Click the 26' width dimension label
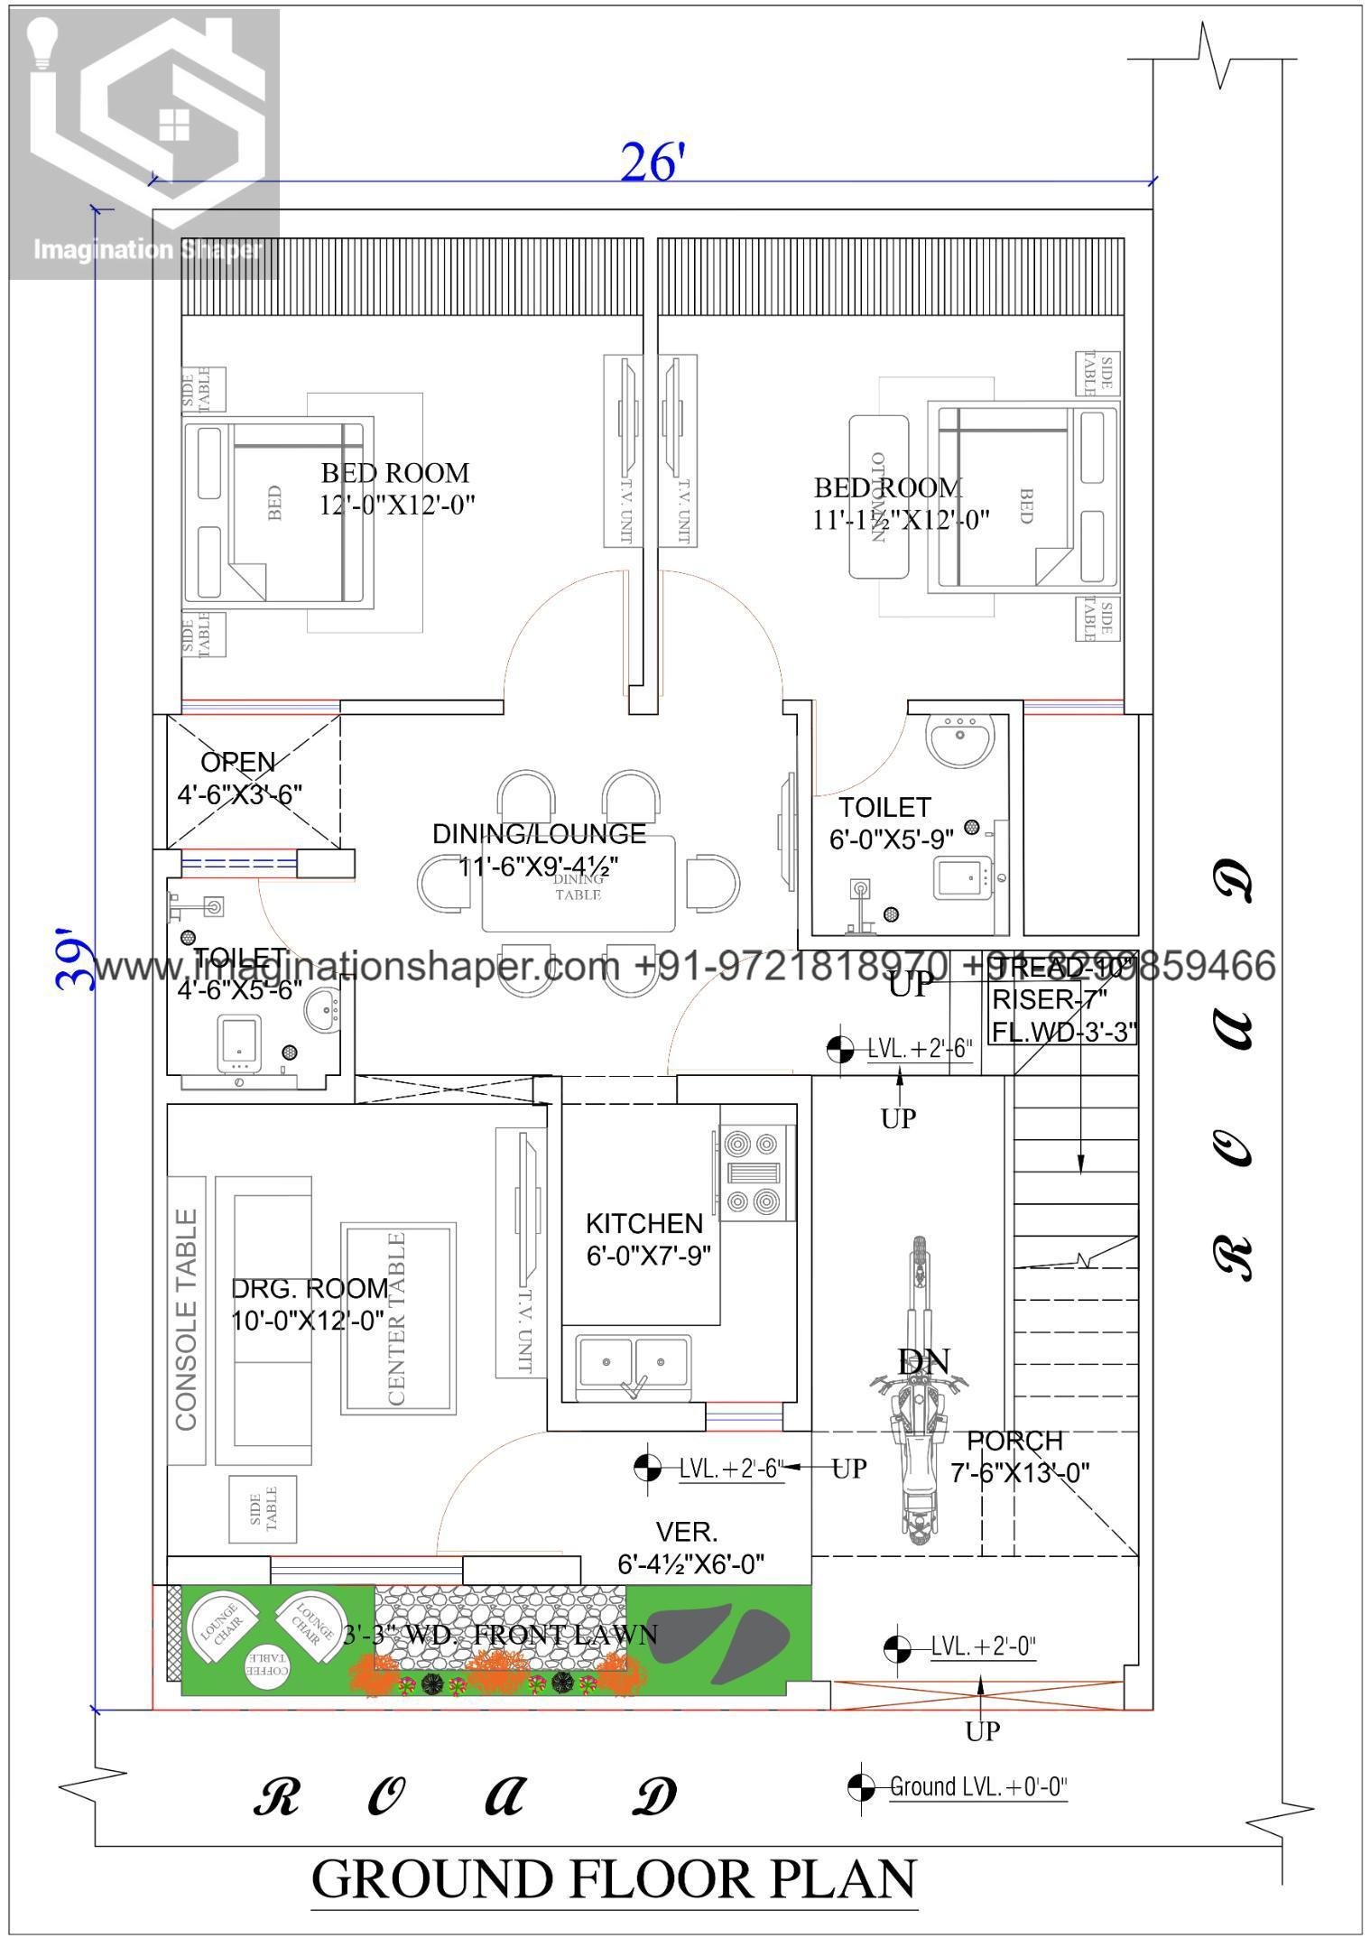pyautogui.click(x=647, y=163)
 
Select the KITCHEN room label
pyautogui.click(x=644, y=1224)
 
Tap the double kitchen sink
pyautogui.click(x=634, y=1365)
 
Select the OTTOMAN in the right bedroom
pyautogui.click(x=878, y=496)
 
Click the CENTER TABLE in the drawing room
pyautogui.click(x=397, y=1320)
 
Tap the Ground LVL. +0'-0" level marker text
pyautogui.click(x=977, y=1786)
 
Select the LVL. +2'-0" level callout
pyautogui.click(x=982, y=1646)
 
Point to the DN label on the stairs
pyautogui.click(x=923, y=1362)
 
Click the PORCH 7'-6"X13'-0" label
pyautogui.click(x=1020, y=1456)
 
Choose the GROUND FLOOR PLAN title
pyautogui.click(x=614, y=1881)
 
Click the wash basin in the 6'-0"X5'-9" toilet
pyautogui.click(x=959, y=740)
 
